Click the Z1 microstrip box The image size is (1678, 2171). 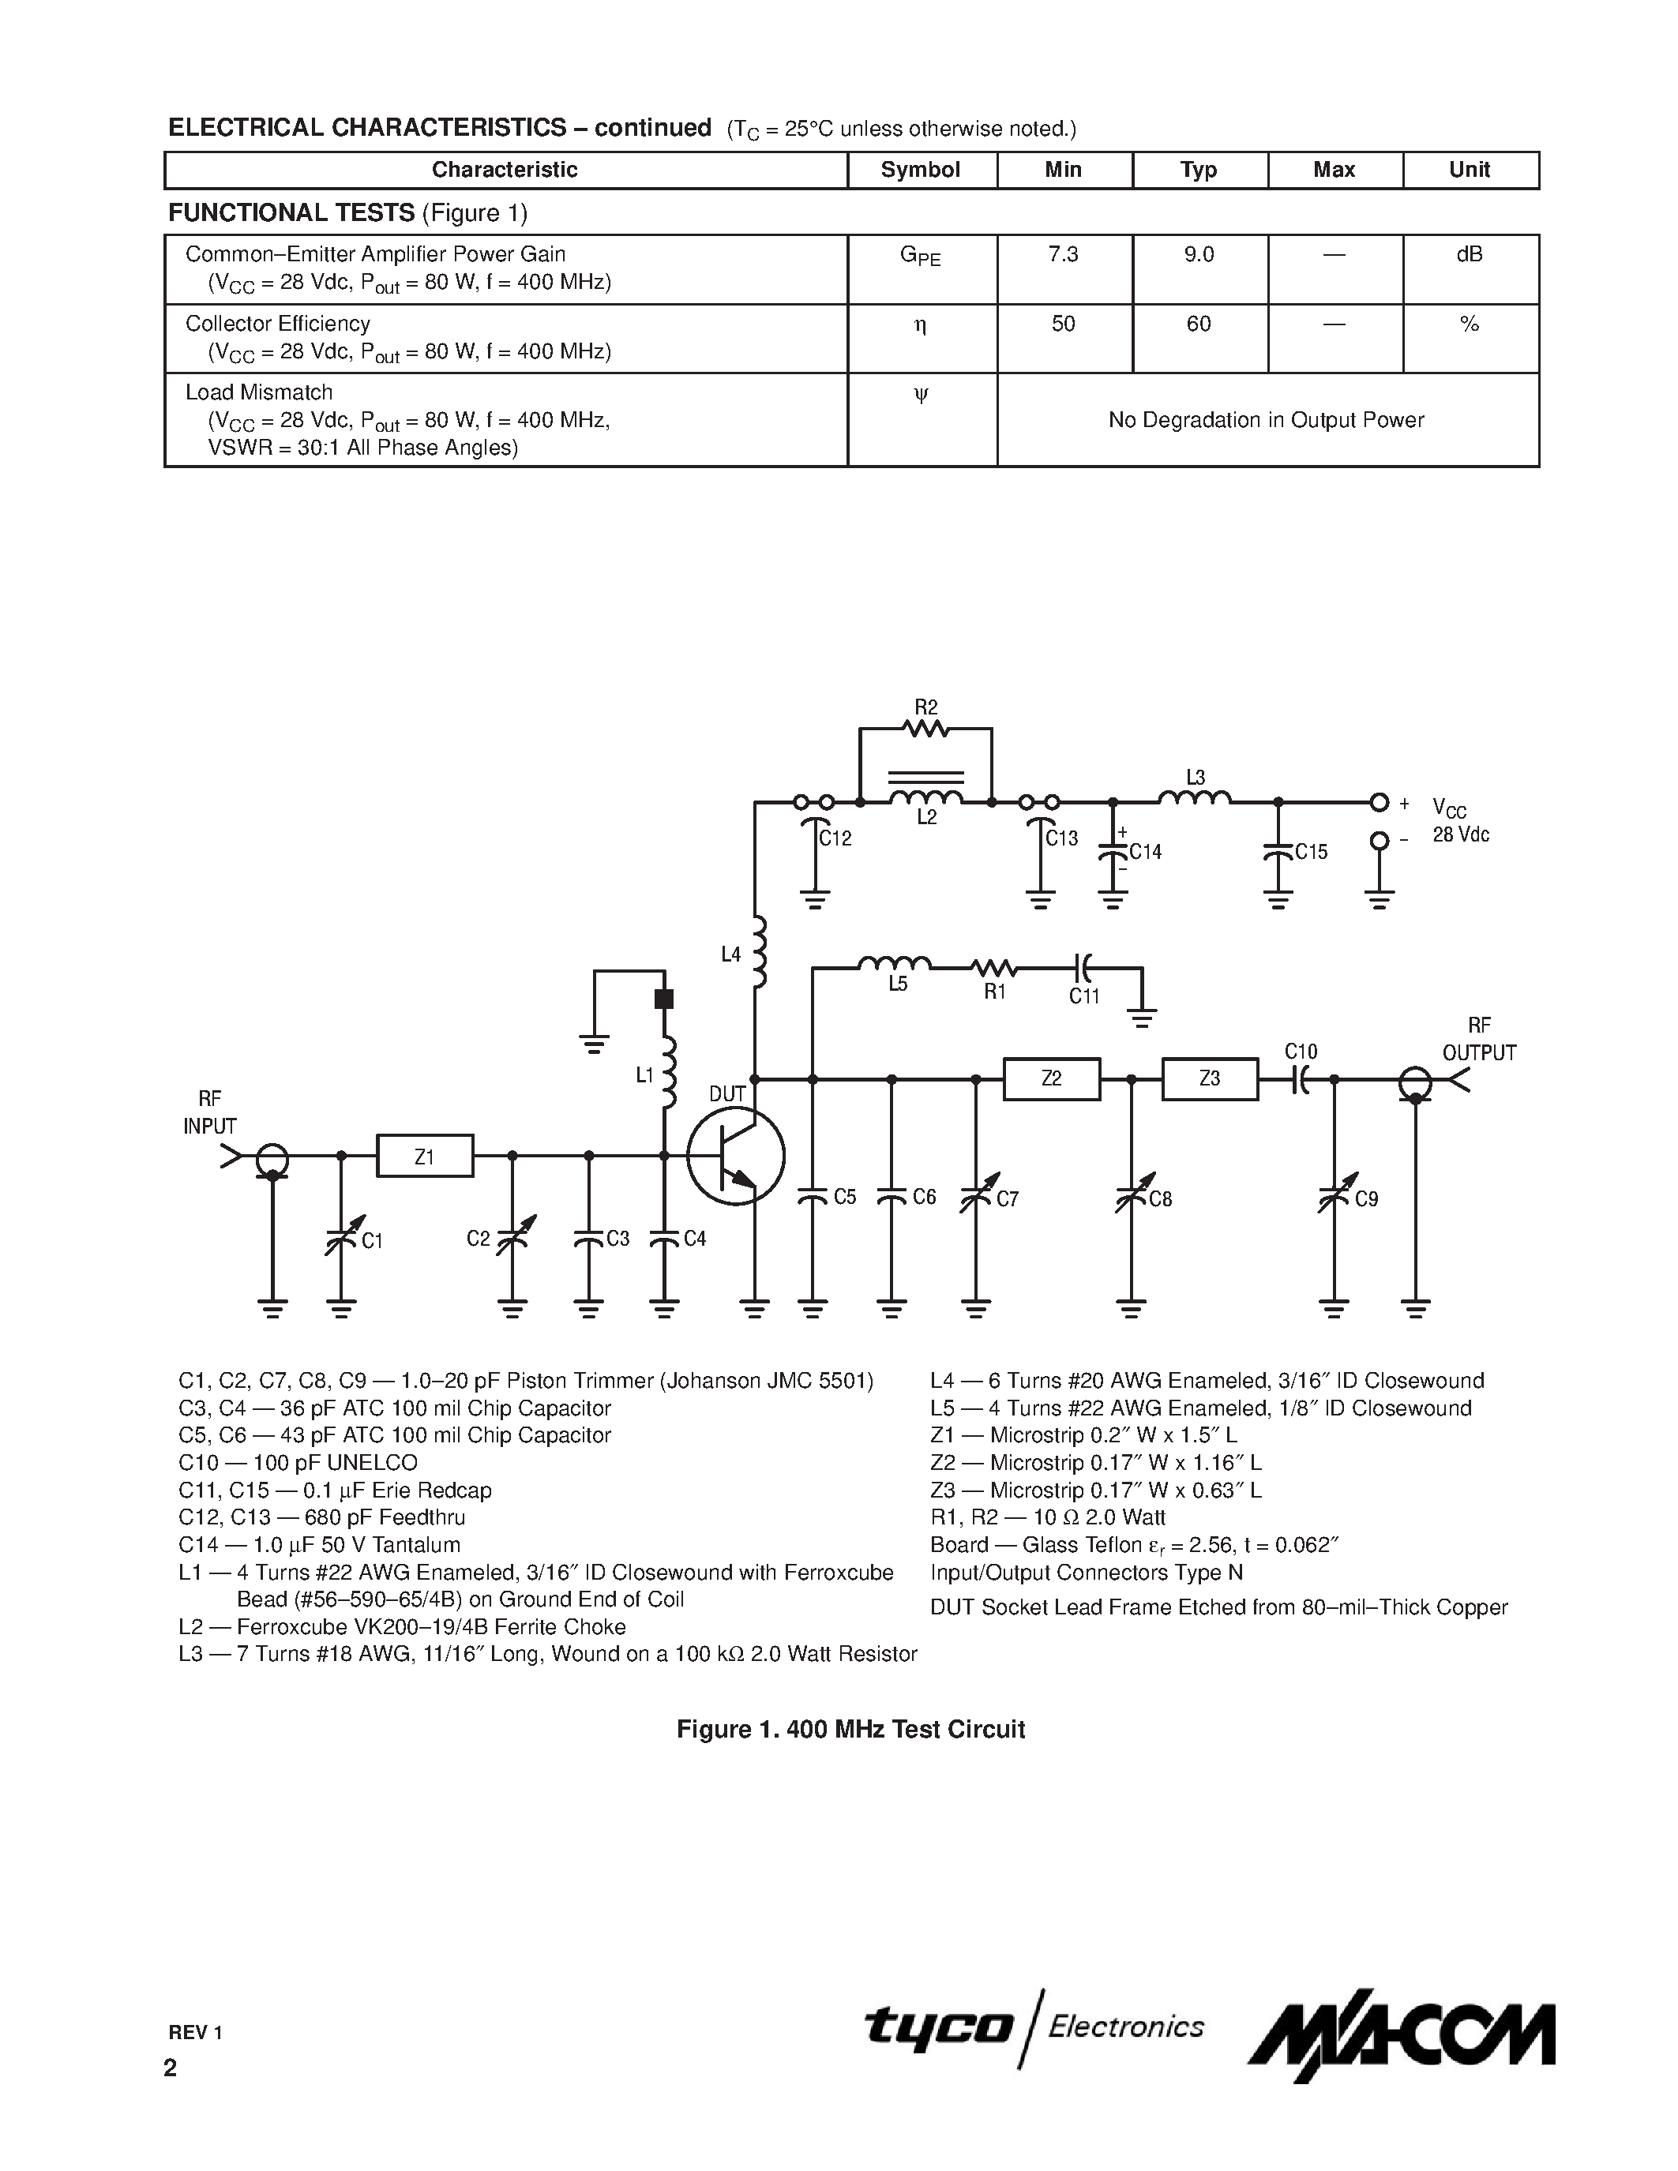[425, 1155]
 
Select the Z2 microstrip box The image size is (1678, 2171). [1051, 1078]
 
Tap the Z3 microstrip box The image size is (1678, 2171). [1209, 1078]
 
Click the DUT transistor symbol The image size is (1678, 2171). [737, 1155]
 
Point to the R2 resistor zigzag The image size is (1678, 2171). [925, 729]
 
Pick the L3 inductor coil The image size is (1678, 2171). [1194, 797]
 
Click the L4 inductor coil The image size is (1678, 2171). [760, 952]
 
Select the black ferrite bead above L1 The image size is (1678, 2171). [664, 999]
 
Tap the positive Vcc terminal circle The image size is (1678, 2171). [1379, 802]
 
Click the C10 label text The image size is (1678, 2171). [1301, 1052]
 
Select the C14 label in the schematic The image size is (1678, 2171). [1145, 852]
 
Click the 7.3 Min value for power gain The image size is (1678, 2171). [1063, 254]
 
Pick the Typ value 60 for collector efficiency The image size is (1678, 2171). [1198, 324]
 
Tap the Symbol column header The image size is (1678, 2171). [921, 170]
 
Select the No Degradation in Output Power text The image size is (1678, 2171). [1266, 421]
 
